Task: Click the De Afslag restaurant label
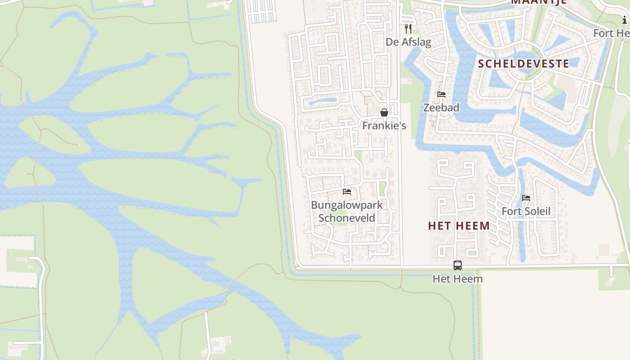408,42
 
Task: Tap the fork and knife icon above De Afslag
408,29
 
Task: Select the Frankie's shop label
384,126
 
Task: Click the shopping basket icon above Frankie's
384,112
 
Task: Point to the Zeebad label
441,108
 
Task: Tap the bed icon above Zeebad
441,94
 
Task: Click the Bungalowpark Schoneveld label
347,211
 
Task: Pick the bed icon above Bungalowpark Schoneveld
347,192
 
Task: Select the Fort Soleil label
526,211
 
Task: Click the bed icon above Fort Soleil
526,198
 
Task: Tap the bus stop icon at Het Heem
458,265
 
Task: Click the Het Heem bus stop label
458,279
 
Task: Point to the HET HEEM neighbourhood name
459,226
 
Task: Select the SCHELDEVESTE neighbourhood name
523,63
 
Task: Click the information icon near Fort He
625,20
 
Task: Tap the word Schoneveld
347,218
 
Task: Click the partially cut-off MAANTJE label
538,2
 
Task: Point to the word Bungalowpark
347,205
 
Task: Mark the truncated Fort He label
611,33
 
